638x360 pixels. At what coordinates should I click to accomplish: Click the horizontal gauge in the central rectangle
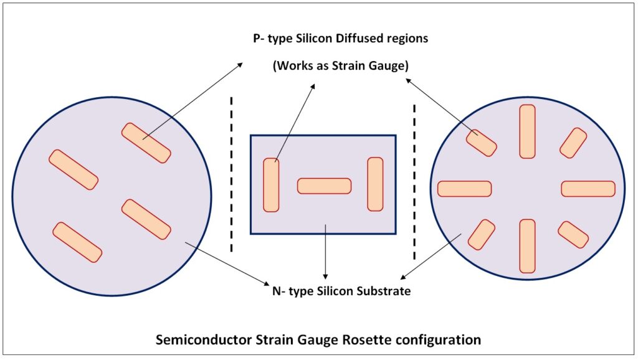pyautogui.click(x=324, y=186)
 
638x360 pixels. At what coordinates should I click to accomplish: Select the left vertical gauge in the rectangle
pyautogui.click(x=271, y=185)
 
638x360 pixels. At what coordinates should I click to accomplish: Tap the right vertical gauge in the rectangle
pyautogui.click(x=375, y=184)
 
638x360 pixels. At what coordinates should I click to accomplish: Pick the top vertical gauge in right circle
pyautogui.click(x=527, y=131)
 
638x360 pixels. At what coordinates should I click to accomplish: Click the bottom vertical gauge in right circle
pyautogui.click(x=527, y=246)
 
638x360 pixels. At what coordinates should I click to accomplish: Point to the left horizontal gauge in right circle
pyautogui.click(x=464, y=189)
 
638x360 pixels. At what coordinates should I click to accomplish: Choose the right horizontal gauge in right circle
pyautogui.click(x=588, y=189)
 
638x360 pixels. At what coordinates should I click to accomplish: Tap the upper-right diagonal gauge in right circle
pyautogui.click(x=573, y=143)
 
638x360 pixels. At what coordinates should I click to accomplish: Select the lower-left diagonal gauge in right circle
pyautogui.click(x=481, y=234)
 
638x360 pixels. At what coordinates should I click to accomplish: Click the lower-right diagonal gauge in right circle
pyautogui.click(x=573, y=234)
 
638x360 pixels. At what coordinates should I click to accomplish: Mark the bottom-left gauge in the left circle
pyautogui.click(x=77, y=242)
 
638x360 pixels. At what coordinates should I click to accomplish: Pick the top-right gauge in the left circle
pyautogui.click(x=146, y=143)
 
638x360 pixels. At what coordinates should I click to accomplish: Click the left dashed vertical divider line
pyautogui.click(x=232, y=174)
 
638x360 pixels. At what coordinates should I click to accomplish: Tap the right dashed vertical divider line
pyautogui.click(x=414, y=181)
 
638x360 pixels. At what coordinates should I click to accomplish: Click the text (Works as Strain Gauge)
pyautogui.click(x=340, y=66)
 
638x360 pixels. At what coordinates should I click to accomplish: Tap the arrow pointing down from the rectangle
pyautogui.click(x=325, y=255)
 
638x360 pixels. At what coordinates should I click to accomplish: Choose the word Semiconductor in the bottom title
pyautogui.click(x=196, y=340)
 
